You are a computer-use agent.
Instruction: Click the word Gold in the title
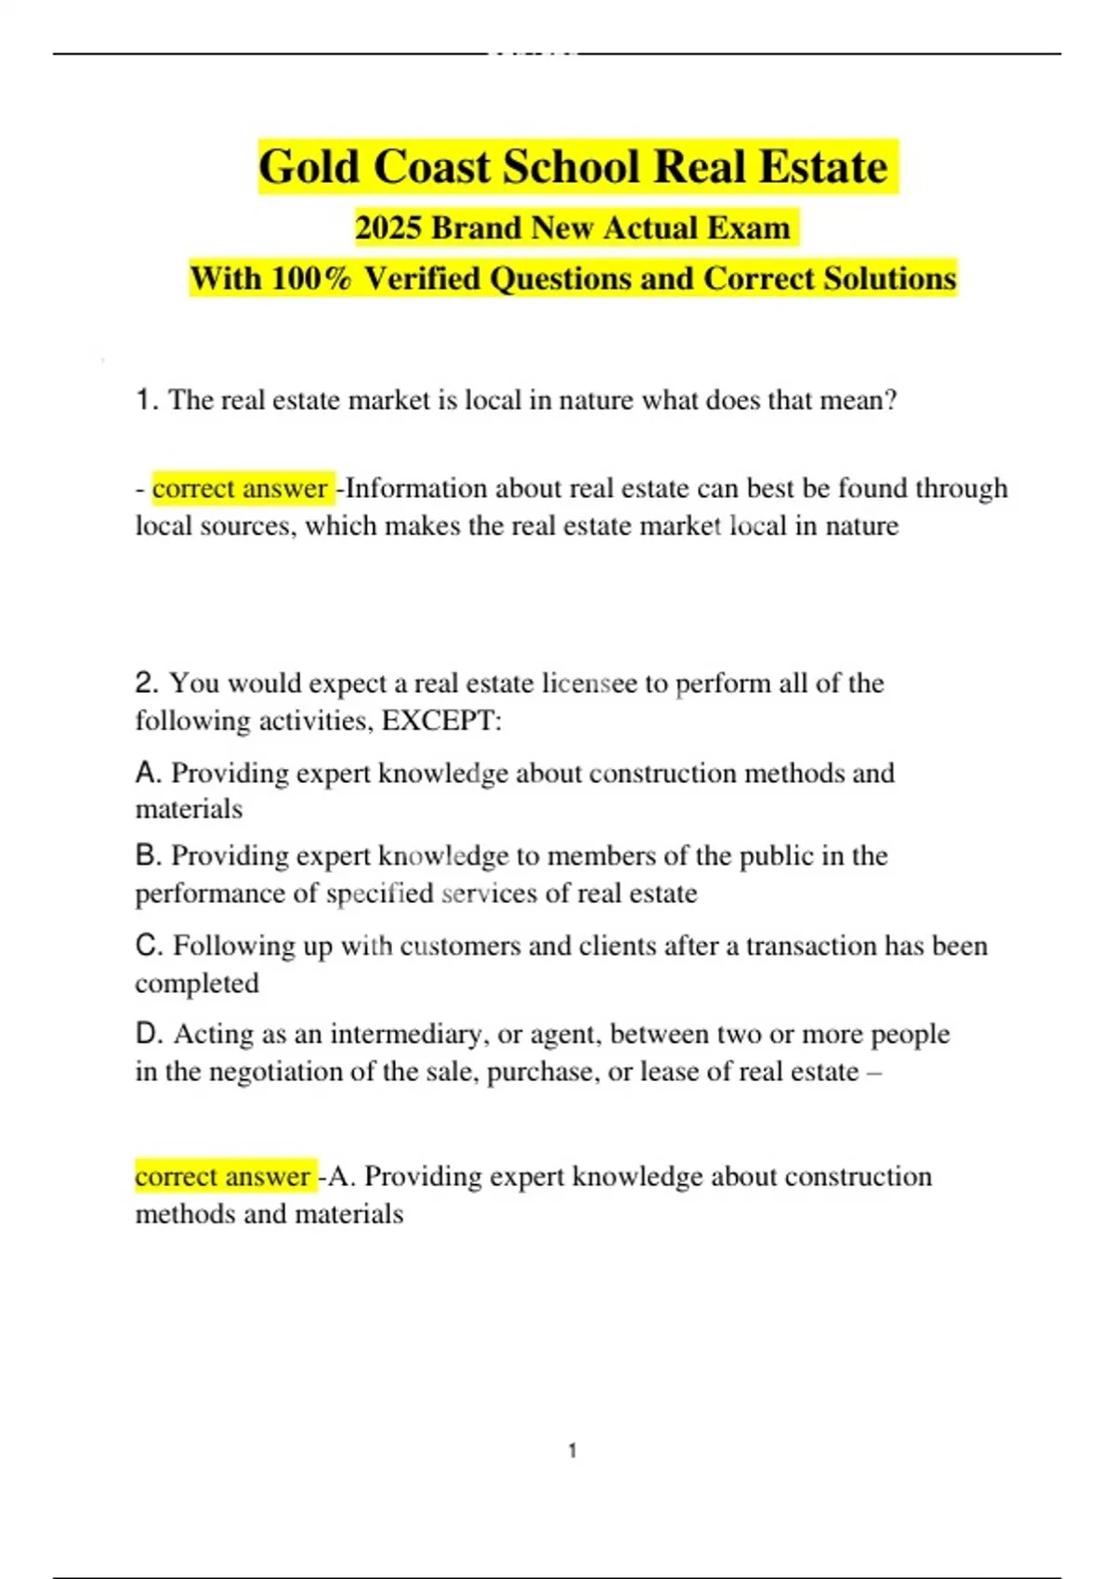click(x=308, y=168)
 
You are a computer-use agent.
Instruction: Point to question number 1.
click(x=146, y=400)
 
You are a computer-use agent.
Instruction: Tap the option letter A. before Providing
click(x=149, y=773)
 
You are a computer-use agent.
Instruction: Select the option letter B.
click(x=149, y=855)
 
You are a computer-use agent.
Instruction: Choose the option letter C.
click(x=149, y=946)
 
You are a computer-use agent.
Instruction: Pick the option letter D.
click(x=149, y=1034)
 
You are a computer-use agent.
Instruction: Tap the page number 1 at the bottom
click(x=572, y=1451)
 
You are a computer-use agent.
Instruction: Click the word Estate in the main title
click(x=823, y=168)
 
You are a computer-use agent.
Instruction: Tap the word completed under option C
click(x=197, y=984)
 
